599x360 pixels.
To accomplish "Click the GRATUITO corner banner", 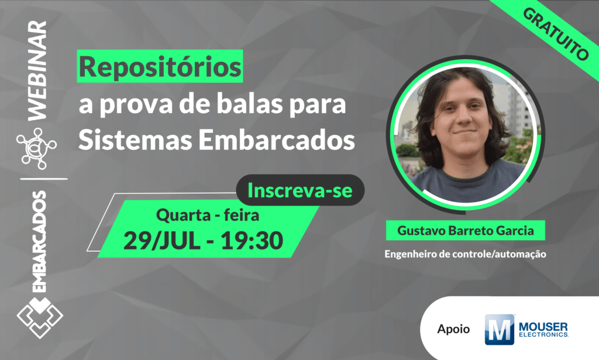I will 553,36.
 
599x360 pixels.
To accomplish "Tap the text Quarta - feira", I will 208,215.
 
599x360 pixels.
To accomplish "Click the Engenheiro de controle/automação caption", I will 465,255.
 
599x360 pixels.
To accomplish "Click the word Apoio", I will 453,329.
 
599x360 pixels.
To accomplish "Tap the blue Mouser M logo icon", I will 499,329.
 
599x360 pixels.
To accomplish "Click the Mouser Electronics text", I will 543,329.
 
